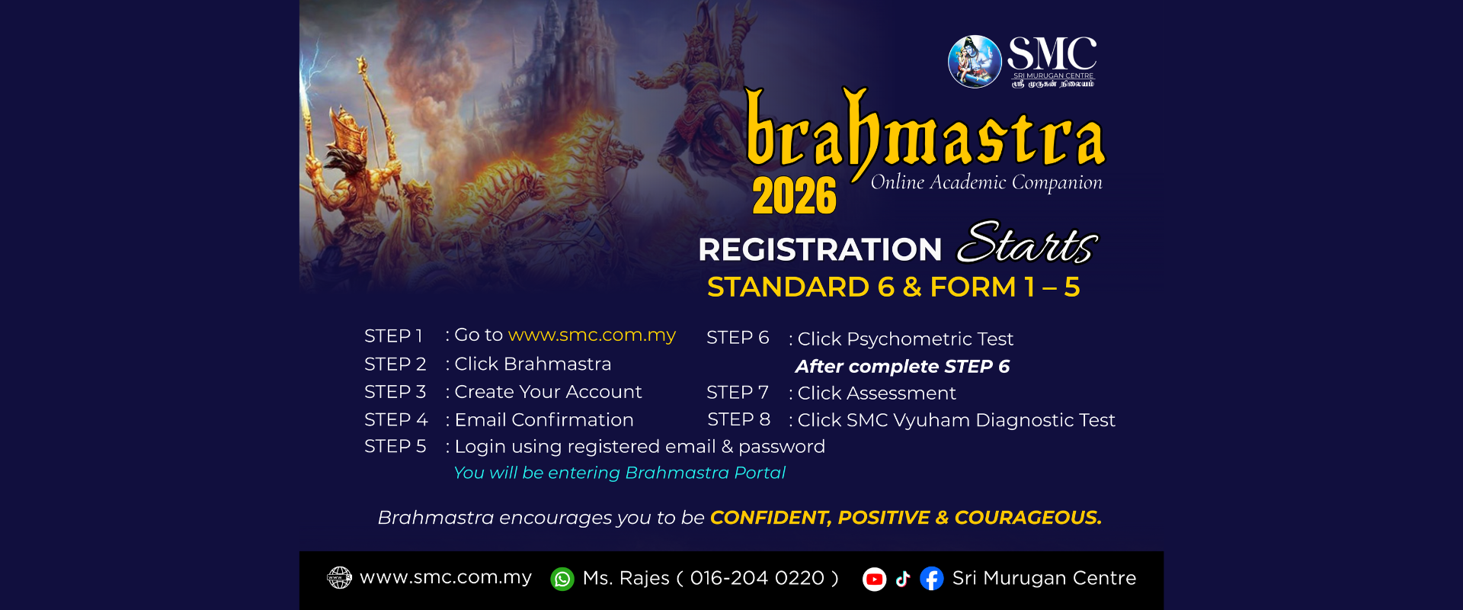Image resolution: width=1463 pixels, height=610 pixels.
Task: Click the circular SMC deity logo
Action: click(x=975, y=62)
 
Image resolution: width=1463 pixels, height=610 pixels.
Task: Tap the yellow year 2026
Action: click(x=794, y=196)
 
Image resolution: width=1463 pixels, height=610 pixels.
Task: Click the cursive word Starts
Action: click(x=1028, y=243)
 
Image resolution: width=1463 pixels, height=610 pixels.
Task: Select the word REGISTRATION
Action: click(x=820, y=249)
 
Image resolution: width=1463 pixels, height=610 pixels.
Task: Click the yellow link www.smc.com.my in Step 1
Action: click(x=592, y=335)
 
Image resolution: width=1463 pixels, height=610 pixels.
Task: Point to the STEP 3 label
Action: click(x=395, y=392)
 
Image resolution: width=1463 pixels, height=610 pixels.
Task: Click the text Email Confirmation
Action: click(x=544, y=420)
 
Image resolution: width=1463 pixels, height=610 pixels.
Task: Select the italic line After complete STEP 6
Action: click(x=902, y=367)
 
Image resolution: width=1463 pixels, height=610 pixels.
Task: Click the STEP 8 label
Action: click(x=738, y=419)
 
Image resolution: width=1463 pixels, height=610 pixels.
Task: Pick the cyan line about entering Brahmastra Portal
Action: click(x=619, y=473)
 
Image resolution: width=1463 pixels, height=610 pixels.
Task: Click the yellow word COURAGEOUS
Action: click(x=1028, y=518)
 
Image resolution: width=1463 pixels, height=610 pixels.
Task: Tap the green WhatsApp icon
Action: click(x=562, y=579)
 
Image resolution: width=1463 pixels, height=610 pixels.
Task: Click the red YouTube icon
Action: click(x=874, y=579)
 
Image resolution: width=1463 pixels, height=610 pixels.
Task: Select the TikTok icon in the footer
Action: click(x=903, y=579)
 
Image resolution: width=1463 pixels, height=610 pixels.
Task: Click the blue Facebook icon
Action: click(x=932, y=579)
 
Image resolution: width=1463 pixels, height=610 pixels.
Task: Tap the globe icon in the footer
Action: click(x=339, y=578)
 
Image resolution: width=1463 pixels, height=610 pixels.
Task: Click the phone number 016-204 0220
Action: click(x=757, y=578)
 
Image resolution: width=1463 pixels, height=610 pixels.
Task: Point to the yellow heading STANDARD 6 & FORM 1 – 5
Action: click(x=893, y=287)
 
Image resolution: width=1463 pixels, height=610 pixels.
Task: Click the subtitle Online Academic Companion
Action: click(x=986, y=183)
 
